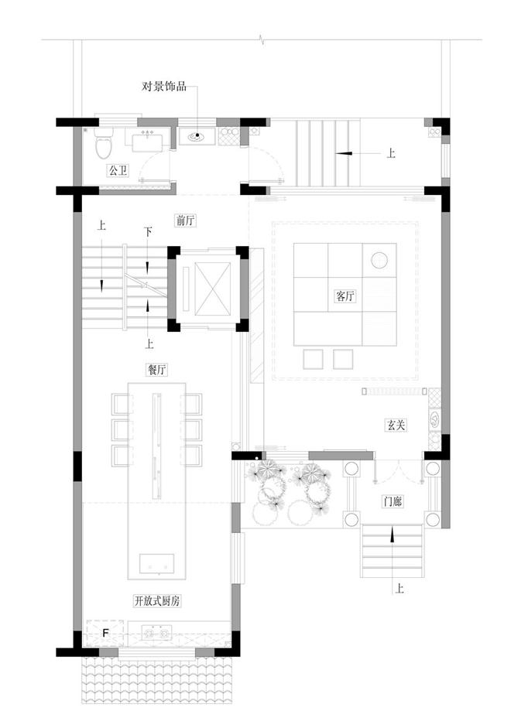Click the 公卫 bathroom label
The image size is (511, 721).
point(118,171)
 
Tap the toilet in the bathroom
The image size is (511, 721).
point(104,142)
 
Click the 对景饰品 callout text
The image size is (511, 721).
point(164,86)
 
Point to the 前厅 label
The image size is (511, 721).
point(186,220)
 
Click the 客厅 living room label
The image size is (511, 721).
point(345,296)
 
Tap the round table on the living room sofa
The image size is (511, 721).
point(379,260)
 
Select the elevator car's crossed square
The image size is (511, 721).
point(212,289)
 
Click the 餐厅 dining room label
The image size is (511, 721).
point(156,369)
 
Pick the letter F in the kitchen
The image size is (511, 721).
point(105,633)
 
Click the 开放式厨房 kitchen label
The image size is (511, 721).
point(156,600)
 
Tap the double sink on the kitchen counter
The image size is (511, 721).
point(156,633)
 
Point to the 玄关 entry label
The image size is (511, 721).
point(396,425)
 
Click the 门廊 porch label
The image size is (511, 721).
point(393,501)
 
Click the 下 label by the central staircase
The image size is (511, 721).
point(147,232)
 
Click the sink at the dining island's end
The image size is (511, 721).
point(157,564)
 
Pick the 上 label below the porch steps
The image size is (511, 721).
point(400,589)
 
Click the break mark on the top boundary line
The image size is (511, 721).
point(262,39)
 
